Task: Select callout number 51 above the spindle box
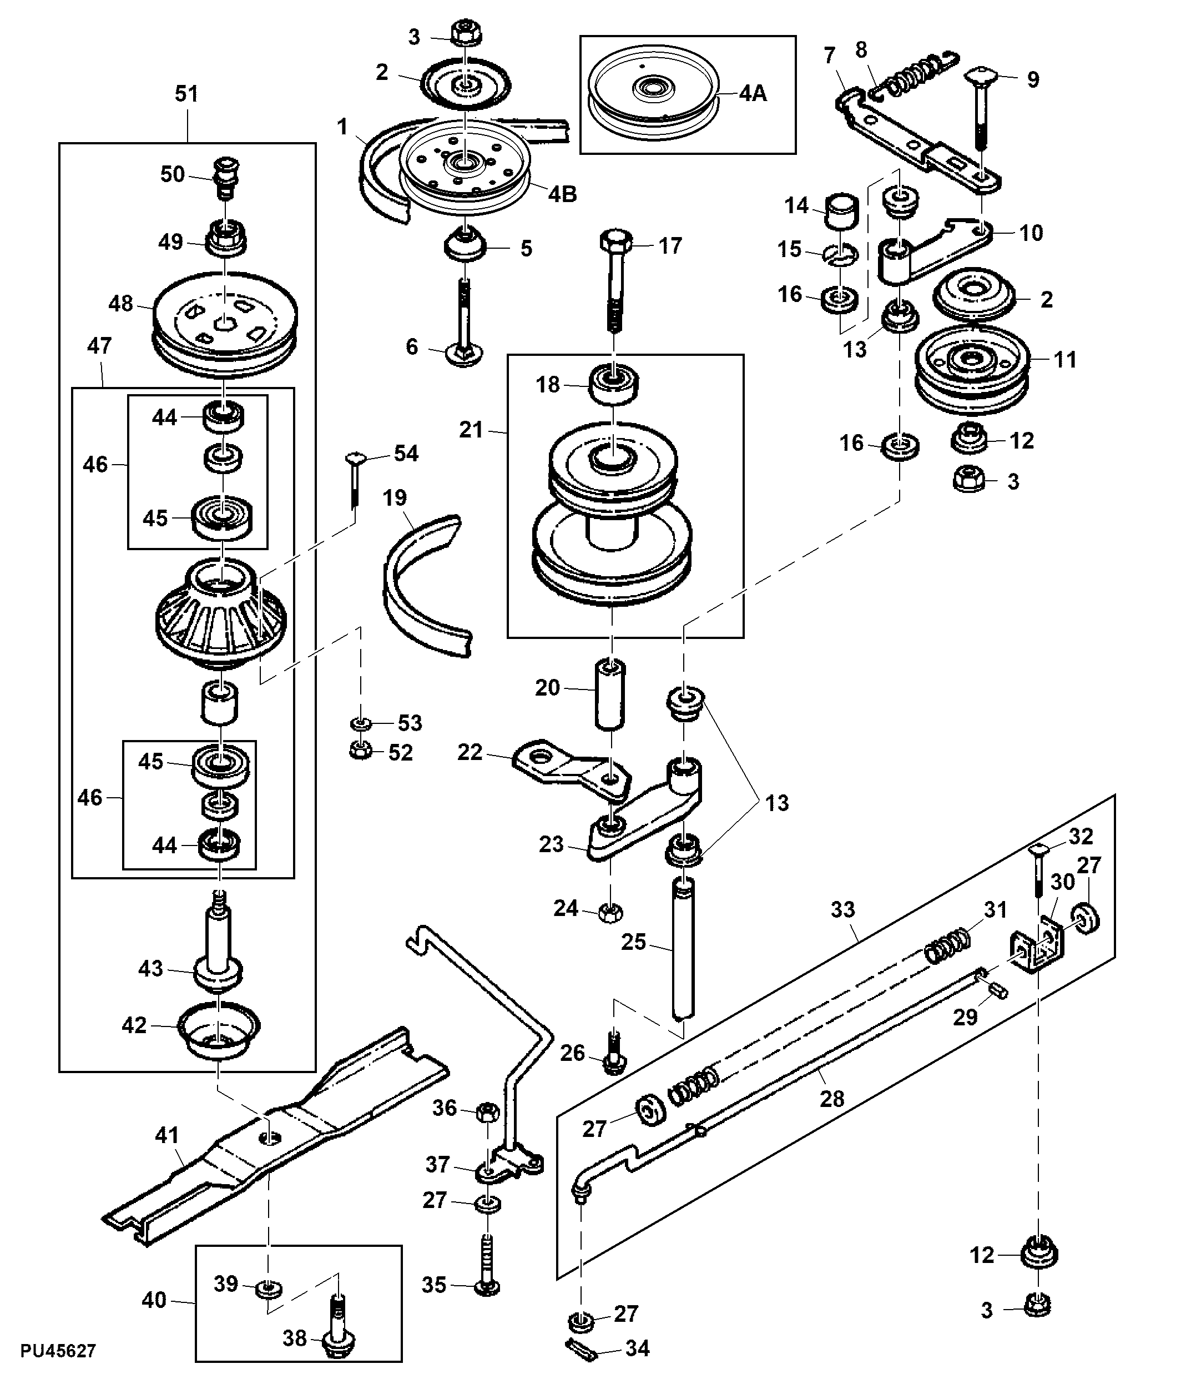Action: pos(186,94)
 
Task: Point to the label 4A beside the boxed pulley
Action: pos(753,93)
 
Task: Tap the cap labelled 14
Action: pos(842,211)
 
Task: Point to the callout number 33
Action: pos(843,909)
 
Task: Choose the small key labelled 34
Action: pos(583,1348)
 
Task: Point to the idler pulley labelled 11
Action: pos(973,371)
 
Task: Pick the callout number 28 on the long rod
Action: pos(832,1099)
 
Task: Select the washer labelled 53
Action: pos(360,723)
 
